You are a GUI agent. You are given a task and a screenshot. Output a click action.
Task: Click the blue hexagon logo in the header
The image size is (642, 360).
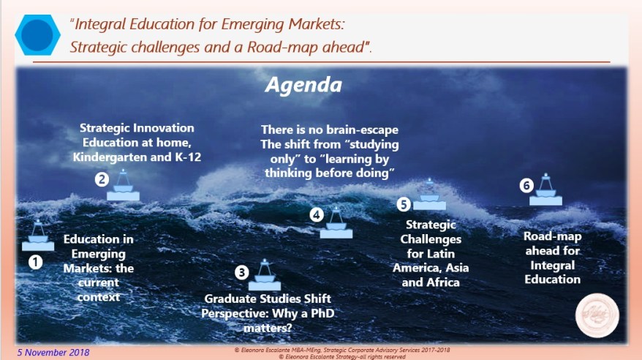(x=37, y=36)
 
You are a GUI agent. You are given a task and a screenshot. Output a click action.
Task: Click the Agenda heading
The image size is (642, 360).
(x=303, y=85)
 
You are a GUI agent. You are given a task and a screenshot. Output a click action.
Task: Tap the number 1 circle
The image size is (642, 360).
(x=34, y=260)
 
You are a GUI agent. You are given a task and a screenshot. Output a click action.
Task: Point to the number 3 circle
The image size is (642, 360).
(x=241, y=272)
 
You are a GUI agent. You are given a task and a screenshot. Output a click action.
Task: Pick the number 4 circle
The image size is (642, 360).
(x=316, y=214)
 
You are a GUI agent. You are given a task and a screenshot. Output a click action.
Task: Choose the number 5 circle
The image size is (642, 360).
(x=404, y=204)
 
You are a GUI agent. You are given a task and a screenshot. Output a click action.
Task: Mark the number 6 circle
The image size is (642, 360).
(x=526, y=185)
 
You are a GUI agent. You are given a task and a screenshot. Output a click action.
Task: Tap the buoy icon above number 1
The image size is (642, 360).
(x=37, y=235)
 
